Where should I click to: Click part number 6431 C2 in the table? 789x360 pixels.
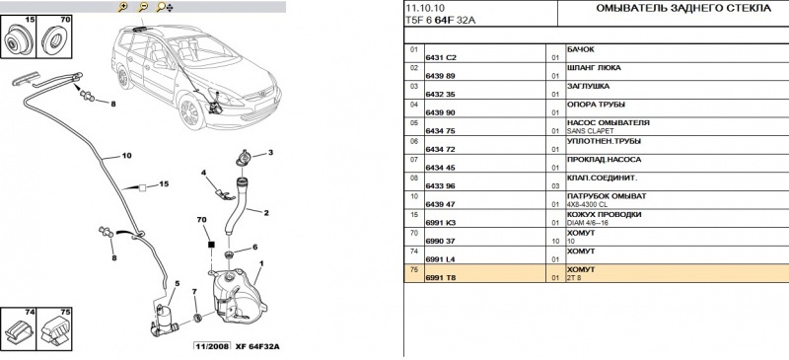click(x=441, y=58)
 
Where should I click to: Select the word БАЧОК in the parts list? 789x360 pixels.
click(x=581, y=49)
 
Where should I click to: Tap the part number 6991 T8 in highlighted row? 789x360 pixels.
click(x=440, y=278)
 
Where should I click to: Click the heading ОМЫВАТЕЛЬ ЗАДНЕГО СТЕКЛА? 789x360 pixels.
click(x=683, y=9)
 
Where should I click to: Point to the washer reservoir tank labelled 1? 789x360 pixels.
click(x=237, y=296)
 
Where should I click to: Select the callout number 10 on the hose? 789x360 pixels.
click(x=126, y=156)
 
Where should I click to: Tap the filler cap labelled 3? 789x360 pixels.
click(x=244, y=158)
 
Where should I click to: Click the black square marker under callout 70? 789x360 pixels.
click(x=211, y=245)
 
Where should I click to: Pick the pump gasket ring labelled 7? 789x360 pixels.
click(x=198, y=318)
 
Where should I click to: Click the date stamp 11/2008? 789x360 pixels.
click(x=212, y=347)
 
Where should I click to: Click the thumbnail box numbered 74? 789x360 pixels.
click(x=18, y=328)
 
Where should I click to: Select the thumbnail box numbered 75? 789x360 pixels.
click(x=54, y=328)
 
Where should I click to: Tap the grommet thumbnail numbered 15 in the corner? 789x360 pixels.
click(x=18, y=36)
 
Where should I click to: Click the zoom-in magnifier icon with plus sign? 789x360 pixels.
click(x=122, y=7)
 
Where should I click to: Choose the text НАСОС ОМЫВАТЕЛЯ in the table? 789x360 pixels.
click(x=608, y=123)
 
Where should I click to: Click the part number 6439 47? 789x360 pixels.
click(x=440, y=204)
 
